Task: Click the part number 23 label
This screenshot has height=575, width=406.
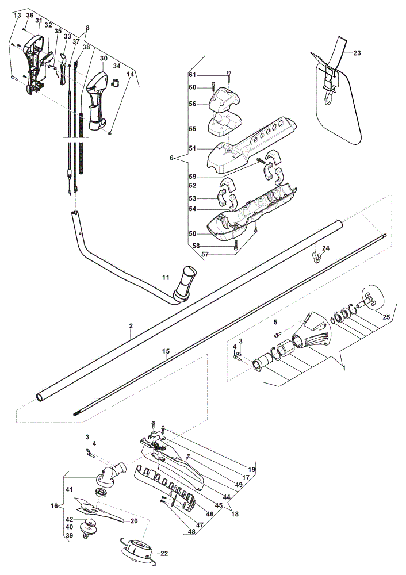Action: [x=357, y=53]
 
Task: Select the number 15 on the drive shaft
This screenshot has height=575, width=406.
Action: [x=166, y=351]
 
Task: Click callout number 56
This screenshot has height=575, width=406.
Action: [x=193, y=103]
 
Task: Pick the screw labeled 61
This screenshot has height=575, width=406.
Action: [x=229, y=75]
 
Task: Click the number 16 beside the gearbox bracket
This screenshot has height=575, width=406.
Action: [x=54, y=506]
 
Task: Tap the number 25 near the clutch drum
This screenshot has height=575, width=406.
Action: [x=386, y=317]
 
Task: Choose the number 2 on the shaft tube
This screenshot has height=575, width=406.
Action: [x=131, y=325]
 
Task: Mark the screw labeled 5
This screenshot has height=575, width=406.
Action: [x=277, y=334]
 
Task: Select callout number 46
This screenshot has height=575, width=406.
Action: [x=209, y=514]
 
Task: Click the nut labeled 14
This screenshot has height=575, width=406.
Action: [x=110, y=134]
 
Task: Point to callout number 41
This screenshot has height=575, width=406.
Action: [x=70, y=489]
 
